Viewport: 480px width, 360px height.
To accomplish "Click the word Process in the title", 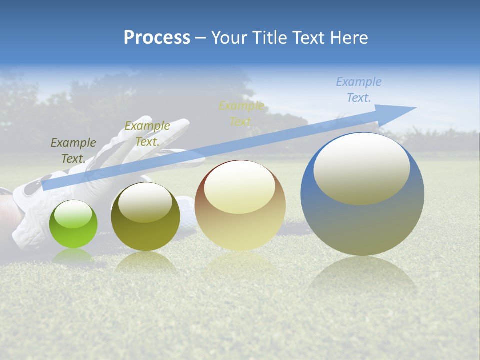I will [x=157, y=38].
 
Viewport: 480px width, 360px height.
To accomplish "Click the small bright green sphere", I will [x=73, y=224].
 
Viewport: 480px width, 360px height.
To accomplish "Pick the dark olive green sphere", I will [x=145, y=217].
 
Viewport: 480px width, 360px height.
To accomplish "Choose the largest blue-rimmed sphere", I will [x=362, y=194].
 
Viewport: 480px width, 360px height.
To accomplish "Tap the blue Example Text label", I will [x=359, y=90].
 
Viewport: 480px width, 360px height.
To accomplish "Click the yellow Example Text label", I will [x=241, y=114].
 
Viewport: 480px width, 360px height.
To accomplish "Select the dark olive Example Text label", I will [x=73, y=150].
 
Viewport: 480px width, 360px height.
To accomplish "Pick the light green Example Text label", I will [x=147, y=134].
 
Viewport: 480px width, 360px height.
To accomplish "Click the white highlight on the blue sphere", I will [x=361, y=169].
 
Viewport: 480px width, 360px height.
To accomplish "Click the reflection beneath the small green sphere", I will [x=73, y=256].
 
